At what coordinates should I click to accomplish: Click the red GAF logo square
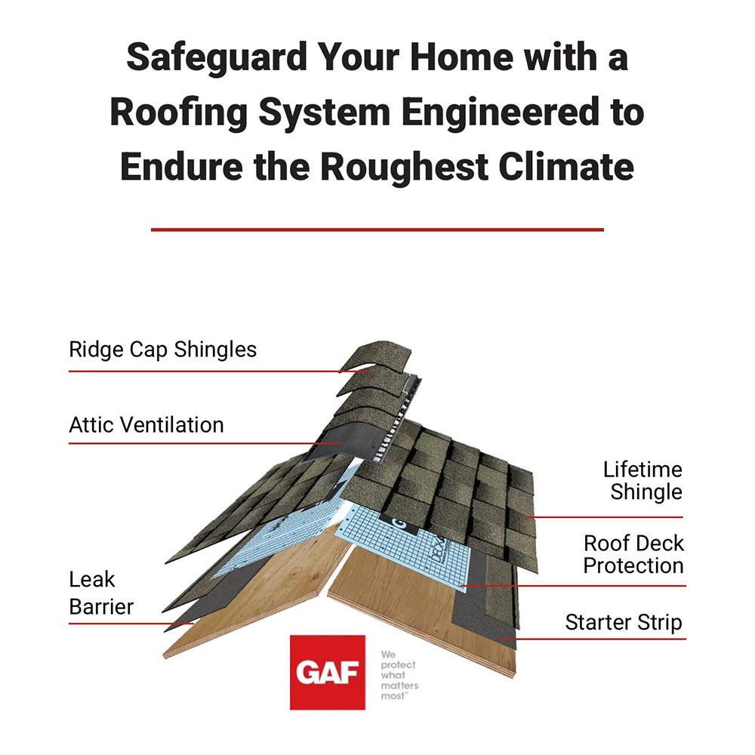(x=328, y=672)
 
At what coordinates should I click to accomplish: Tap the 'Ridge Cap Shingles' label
(x=163, y=350)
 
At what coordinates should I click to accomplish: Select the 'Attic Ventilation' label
(x=146, y=424)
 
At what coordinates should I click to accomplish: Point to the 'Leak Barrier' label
(x=101, y=593)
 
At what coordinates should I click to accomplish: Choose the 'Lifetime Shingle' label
(x=643, y=480)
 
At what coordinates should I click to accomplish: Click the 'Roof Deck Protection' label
(x=633, y=554)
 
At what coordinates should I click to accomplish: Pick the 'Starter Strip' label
(x=624, y=622)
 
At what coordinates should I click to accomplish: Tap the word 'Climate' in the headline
(x=566, y=167)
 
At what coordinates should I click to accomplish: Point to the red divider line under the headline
(x=377, y=230)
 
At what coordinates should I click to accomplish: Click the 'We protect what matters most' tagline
(x=399, y=675)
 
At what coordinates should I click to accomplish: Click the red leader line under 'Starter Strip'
(x=592, y=639)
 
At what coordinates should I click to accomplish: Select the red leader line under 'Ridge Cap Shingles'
(x=219, y=371)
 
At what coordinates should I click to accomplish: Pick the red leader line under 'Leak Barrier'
(x=131, y=624)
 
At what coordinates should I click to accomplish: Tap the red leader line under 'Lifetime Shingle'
(x=606, y=517)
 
